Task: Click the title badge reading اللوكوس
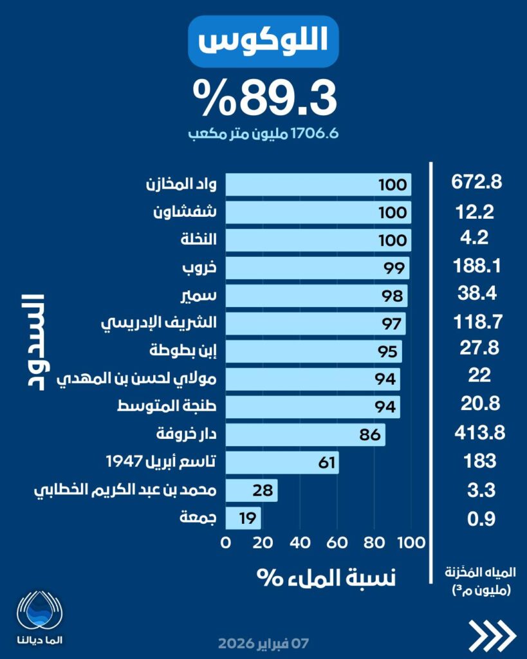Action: pyautogui.click(x=264, y=42)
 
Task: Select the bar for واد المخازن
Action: pyautogui.click(x=319, y=185)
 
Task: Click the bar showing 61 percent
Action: pyautogui.click(x=282, y=462)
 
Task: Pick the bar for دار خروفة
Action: pyautogui.click(x=305, y=434)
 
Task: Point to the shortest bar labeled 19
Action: pyautogui.click(x=243, y=517)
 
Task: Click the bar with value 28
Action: pyautogui.click(x=252, y=490)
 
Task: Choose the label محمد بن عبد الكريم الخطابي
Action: pyautogui.click(x=125, y=490)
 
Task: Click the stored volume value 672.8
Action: pyautogui.click(x=477, y=182)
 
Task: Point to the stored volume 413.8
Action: pyautogui.click(x=477, y=433)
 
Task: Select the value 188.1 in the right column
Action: pyautogui.click(x=477, y=266)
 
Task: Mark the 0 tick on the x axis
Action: pyautogui.click(x=226, y=543)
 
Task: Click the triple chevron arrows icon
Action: pyautogui.click(x=492, y=636)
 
